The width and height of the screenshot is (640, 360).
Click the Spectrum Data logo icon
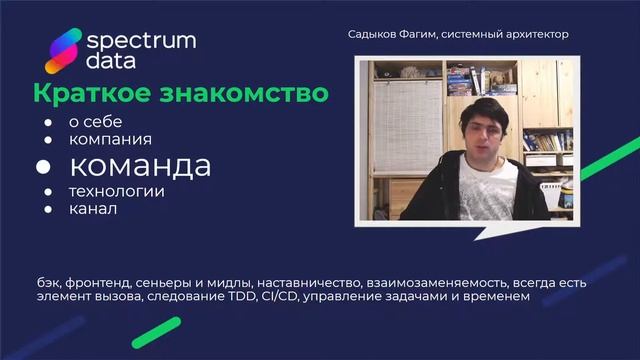pyautogui.click(x=62, y=52)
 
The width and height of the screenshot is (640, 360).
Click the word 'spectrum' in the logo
pyautogui.click(x=141, y=42)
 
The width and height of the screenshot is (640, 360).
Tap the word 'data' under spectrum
pyautogui.click(x=113, y=62)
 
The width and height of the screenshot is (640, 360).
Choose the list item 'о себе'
pyautogui.click(x=95, y=121)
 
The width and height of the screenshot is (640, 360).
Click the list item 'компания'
pyautogui.click(x=110, y=139)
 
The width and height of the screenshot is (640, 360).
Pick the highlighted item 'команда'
pyautogui.click(x=139, y=165)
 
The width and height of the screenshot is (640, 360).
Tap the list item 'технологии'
pyautogui.click(x=116, y=191)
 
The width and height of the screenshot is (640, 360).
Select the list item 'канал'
pyautogui.click(x=92, y=209)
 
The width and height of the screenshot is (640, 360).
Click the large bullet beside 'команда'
pyautogui.click(x=46, y=166)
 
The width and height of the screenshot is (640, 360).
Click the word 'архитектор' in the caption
pyautogui.click(x=535, y=34)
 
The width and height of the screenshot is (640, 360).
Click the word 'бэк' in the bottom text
pyautogui.click(x=48, y=284)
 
